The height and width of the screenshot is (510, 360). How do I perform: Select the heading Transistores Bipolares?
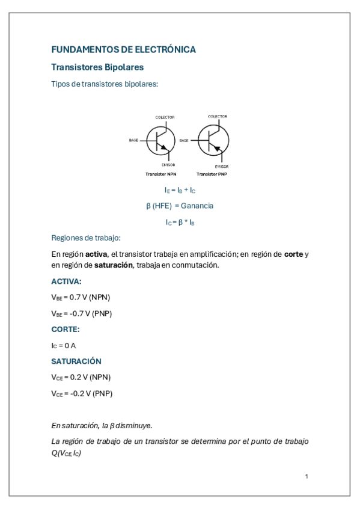click(x=97, y=67)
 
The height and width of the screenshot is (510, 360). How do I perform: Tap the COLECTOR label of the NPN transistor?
click(x=165, y=117)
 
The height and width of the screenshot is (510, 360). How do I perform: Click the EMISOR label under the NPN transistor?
click(x=168, y=164)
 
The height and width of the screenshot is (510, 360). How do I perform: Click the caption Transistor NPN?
click(x=160, y=174)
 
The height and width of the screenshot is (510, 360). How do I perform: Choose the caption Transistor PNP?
click(x=212, y=174)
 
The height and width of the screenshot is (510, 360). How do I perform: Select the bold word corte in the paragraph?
click(x=293, y=254)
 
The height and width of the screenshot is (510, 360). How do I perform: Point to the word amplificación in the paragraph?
click(x=212, y=254)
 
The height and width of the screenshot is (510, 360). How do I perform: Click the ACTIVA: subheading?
click(x=66, y=281)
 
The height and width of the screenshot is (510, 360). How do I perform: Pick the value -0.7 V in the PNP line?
click(x=75, y=313)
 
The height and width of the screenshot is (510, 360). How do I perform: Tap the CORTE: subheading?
click(x=66, y=330)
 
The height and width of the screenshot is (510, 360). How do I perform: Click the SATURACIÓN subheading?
click(x=76, y=361)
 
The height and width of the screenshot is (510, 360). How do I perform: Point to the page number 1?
click(x=307, y=476)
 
